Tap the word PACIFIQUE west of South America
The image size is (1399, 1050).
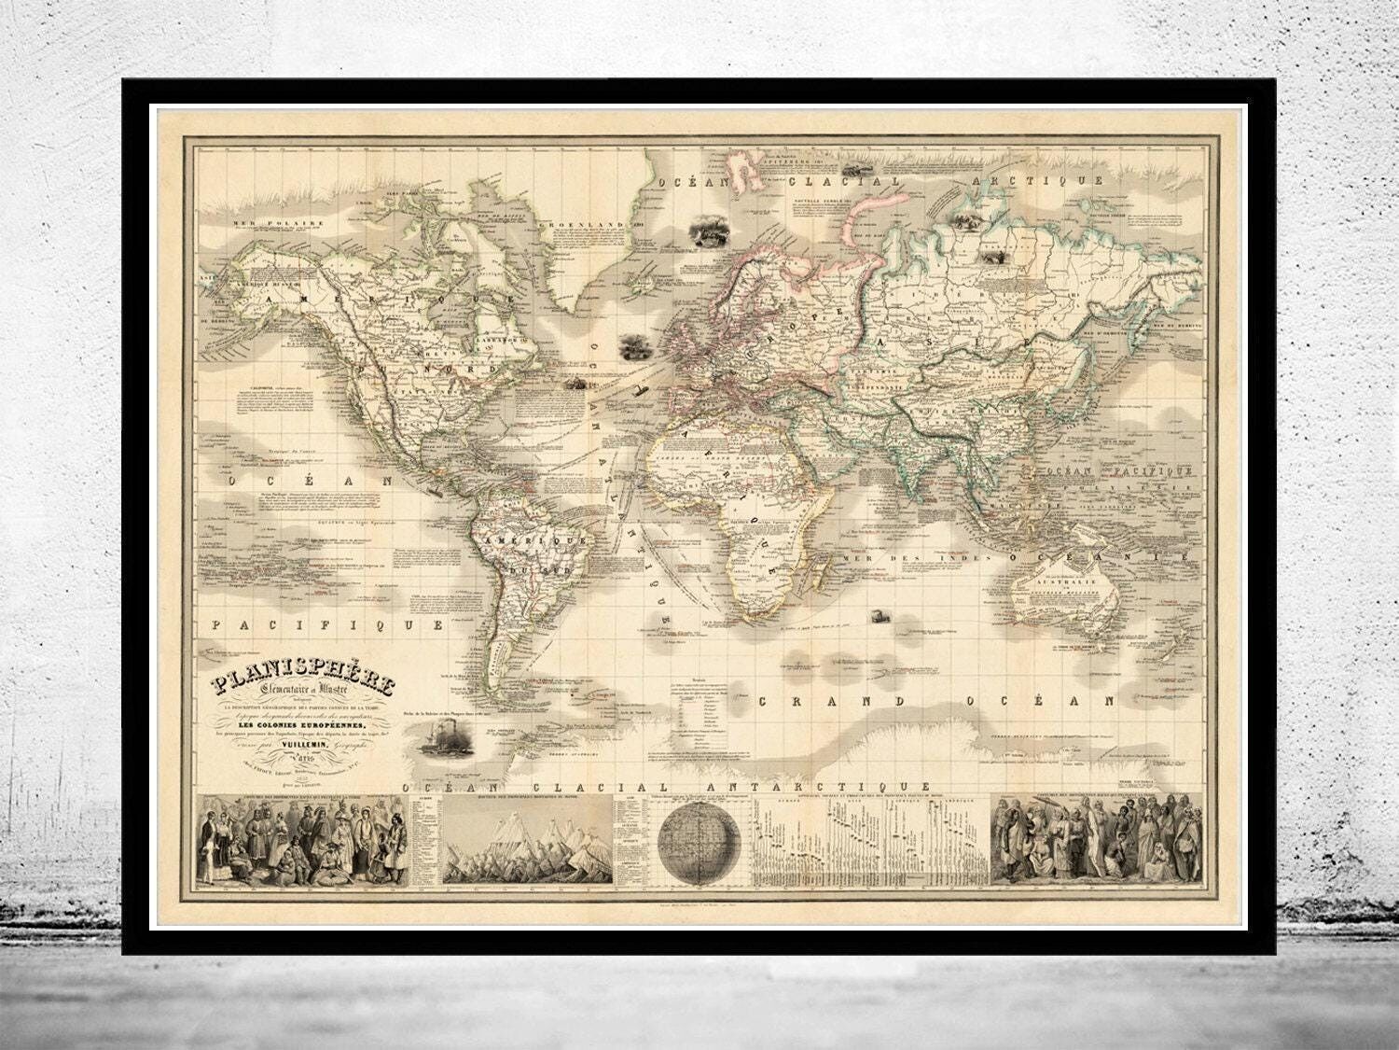328,623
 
